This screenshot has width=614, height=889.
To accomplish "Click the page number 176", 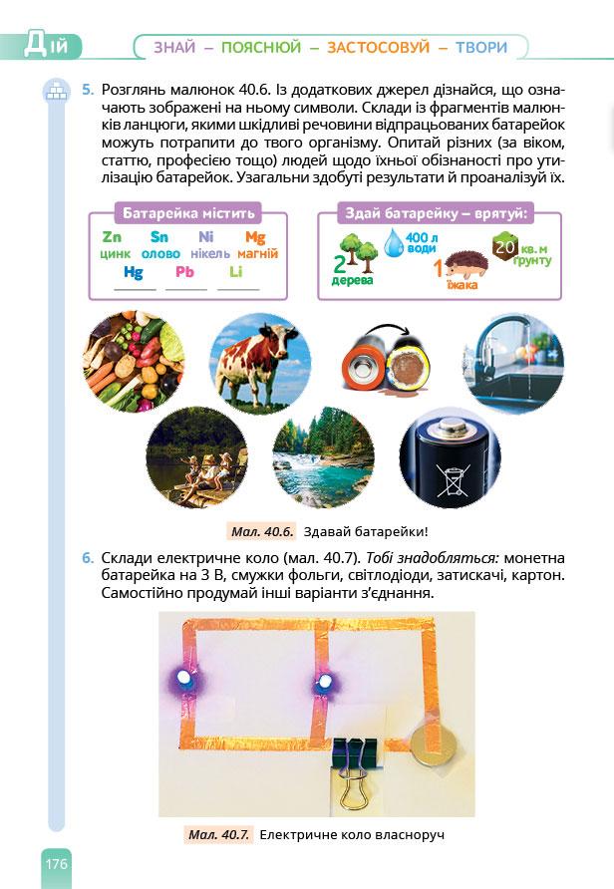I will (55, 863).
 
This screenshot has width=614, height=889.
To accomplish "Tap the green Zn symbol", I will (112, 237).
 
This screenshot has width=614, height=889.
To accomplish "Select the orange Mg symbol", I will (255, 237).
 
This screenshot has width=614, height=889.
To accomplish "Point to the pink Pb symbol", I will (184, 271).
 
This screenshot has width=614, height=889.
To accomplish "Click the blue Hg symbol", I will (134, 271).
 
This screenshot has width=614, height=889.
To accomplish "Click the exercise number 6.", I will (88, 557).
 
